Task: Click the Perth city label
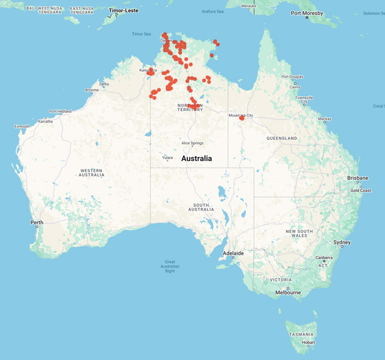(x=37, y=223)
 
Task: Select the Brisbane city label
(x=358, y=178)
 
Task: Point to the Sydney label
(x=341, y=242)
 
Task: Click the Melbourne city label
(x=287, y=293)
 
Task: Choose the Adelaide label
(x=233, y=253)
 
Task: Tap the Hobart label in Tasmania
(x=308, y=342)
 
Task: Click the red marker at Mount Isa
(x=242, y=118)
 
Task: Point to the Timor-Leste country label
(x=124, y=11)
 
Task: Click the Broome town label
(x=92, y=90)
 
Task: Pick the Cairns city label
(x=295, y=87)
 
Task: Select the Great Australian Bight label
(x=170, y=266)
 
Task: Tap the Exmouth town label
(x=22, y=126)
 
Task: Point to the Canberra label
(x=324, y=258)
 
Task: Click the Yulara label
(x=167, y=157)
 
